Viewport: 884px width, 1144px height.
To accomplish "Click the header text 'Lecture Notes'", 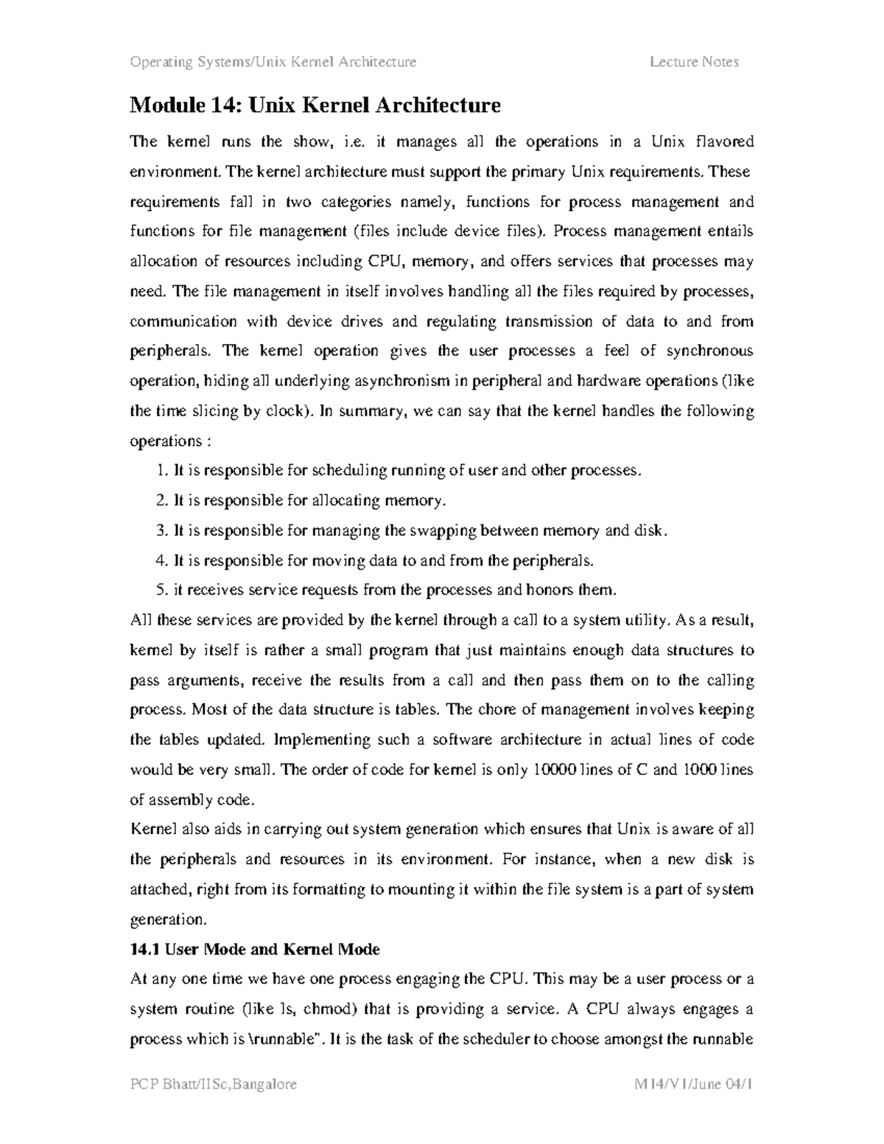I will pos(694,62).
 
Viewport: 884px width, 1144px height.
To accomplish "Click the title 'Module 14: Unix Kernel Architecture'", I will pos(315,105).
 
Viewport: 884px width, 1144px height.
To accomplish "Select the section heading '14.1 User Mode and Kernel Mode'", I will pos(254,949).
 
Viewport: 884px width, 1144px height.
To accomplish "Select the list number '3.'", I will pos(162,530).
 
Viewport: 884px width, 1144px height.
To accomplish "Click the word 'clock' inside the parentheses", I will pos(284,411).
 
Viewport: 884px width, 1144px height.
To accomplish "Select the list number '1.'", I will pos(162,470).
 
